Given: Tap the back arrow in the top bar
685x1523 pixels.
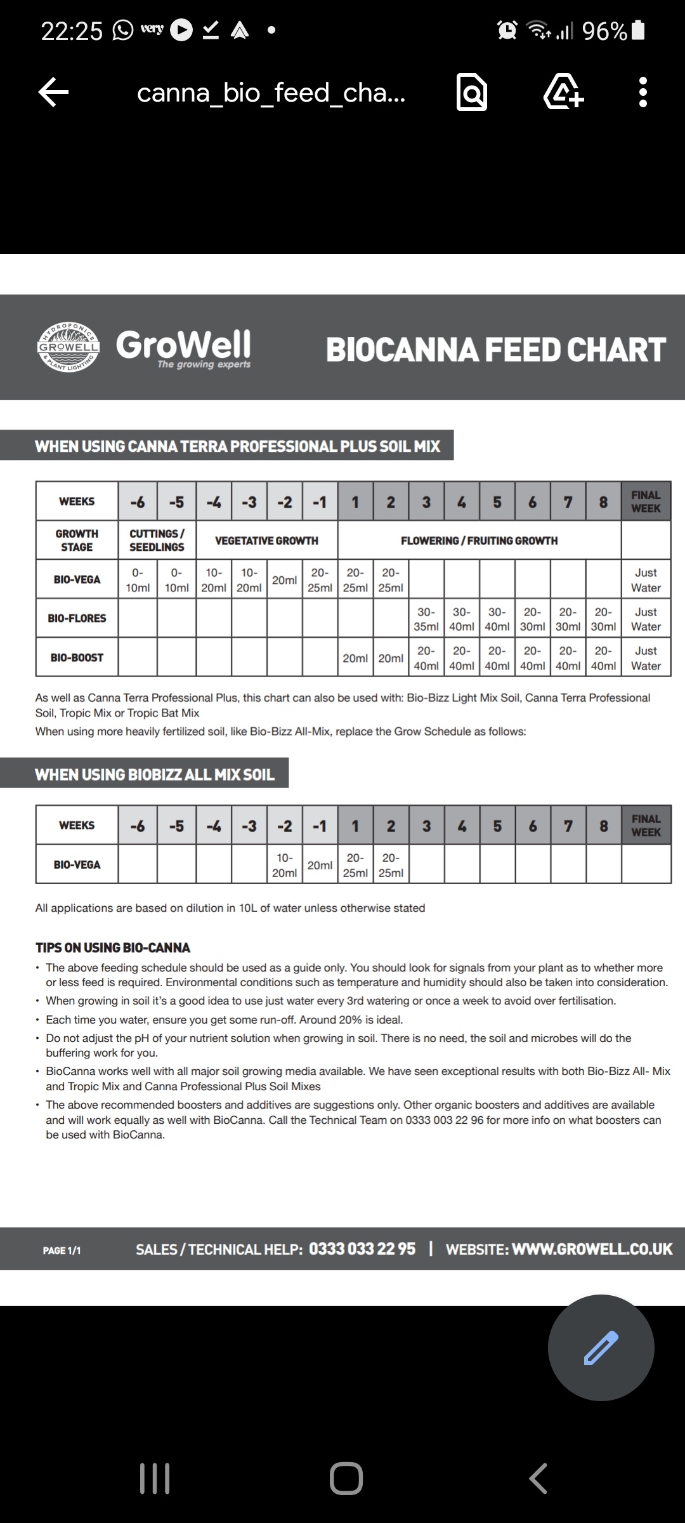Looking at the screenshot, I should (x=54, y=93).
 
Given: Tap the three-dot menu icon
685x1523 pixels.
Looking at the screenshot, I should (x=643, y=93).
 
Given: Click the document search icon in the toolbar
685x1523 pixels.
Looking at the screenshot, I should (x=472, y=93).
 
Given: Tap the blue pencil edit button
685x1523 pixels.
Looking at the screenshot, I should (x=601, y=1347).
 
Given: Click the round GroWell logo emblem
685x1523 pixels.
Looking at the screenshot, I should (x=68, y=347).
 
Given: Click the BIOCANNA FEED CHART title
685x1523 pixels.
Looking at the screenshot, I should (x=495, y=350).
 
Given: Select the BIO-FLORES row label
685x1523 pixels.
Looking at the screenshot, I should (x=77, y=618).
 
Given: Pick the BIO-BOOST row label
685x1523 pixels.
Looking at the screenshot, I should (x=77, y=657).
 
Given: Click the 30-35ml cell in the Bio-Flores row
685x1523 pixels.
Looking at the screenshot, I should (x=426, y=619).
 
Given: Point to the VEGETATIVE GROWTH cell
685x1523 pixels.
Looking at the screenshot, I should (x=266, y=541).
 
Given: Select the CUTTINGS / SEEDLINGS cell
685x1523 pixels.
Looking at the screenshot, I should (x=157, y=541).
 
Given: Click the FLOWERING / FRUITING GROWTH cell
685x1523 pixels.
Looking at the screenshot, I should (x=479, y=541).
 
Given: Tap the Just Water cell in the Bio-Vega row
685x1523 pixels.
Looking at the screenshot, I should (x=646, y=580).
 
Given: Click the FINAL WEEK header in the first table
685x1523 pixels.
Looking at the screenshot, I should (x=646, y=501).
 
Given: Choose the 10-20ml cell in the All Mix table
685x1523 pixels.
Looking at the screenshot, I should (x=284, y=865).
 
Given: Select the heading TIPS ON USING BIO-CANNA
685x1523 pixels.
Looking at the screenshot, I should (x=113, y=947).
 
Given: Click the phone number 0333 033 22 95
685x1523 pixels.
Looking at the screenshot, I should (x=362, y=1249).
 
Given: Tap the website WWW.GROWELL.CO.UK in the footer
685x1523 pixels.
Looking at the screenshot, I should (x=592, y=1249).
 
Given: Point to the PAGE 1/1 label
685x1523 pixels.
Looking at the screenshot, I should (x=62, y=1250).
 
